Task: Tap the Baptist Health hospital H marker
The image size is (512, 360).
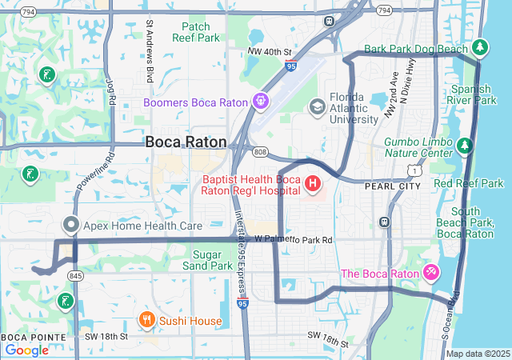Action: coord(313,186)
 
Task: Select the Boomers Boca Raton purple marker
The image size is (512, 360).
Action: coord(261,102)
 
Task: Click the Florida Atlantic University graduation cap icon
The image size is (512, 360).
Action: coord(318,106)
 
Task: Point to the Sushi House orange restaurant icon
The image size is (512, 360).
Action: coord(146,321)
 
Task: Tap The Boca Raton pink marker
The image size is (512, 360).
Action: coord(431,274)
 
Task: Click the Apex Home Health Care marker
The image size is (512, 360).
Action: coord(71,226)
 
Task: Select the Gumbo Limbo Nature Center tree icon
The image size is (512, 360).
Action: coord(464,146)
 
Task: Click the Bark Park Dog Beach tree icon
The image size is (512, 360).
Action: coord(480,49)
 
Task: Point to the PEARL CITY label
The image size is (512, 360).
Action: coord(392,186)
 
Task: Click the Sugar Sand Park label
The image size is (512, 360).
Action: coord(207,259)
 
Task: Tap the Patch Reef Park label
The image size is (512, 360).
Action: coord(196,32)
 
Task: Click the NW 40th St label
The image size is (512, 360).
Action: coord(270,52)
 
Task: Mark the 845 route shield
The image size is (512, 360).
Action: coord(76,275)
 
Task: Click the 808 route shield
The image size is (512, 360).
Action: coord(259,151)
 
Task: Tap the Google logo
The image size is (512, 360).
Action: coord(27,350)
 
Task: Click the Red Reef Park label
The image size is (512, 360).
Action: coord(469,183)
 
